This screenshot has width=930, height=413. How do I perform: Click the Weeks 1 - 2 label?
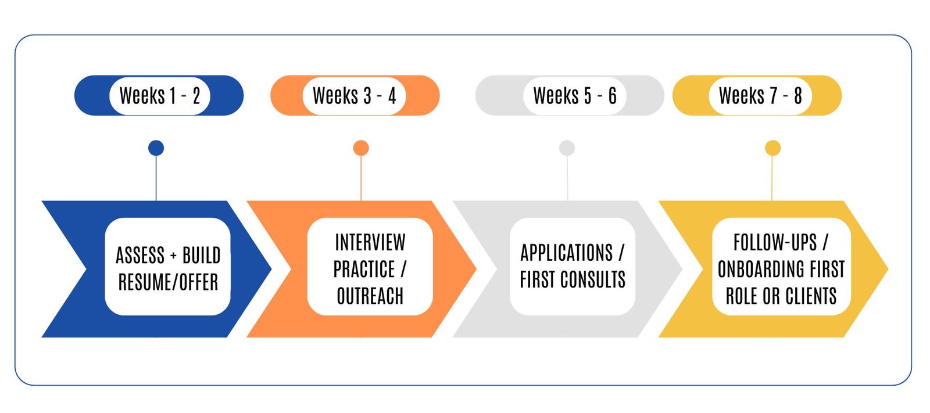coord(160,95)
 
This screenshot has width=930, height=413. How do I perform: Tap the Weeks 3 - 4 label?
coord(354,95)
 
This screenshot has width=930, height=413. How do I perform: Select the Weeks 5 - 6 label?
coord(575,95)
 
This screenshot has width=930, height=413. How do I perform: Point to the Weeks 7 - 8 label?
coord(760,95)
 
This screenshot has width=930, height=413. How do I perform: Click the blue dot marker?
coord(156,148)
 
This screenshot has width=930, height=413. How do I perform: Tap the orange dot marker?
coord(361,148)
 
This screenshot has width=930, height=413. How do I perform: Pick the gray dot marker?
coord(567,148)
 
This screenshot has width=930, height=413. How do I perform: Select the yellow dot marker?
coord(772,148)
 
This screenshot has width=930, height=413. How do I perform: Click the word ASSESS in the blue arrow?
coord(140,255)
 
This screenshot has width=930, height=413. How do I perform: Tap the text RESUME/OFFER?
coord(168,282)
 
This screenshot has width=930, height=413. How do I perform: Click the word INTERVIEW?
coord(370,242)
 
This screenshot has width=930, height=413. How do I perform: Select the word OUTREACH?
coord(370,296)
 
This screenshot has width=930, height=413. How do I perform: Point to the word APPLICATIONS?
coord(567,253)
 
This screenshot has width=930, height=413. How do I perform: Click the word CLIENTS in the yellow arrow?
coord(811,296)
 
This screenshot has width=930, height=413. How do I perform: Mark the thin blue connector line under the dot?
coord(156,178)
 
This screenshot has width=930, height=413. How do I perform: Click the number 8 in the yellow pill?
coord(797,95)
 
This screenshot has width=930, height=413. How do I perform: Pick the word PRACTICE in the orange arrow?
coord(364,270)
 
